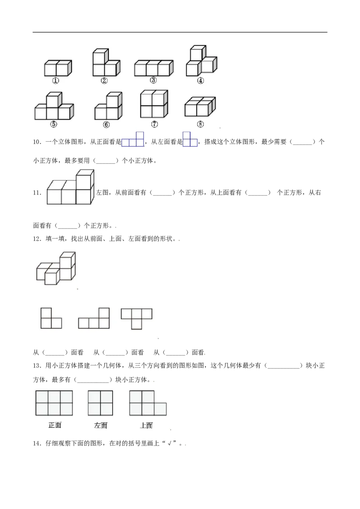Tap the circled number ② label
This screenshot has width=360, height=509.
click(104, 81)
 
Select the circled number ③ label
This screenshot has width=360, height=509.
click(153, 80)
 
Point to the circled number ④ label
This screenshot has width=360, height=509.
click(200, 81)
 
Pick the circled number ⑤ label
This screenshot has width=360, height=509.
click(54, 125)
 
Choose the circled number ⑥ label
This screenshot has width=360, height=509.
click(106, 125)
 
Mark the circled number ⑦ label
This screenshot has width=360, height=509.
click(154, 124)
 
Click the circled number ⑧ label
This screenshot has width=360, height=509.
click(200, 124)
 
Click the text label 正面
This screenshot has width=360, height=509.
click(55, 425)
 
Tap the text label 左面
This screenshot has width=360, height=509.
click(100, 425)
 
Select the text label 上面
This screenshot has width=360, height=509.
click(146, 425)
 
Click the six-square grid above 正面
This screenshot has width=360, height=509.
click(54, 403)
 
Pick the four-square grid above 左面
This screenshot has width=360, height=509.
click(100, 403)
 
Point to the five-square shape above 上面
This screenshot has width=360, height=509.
click(147, 403)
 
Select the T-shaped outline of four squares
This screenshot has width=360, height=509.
click(136, 317)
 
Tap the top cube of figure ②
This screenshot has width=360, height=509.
click(100, 57)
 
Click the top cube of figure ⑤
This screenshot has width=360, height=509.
click(53, 99)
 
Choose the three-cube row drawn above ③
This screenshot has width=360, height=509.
click(153, 68)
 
